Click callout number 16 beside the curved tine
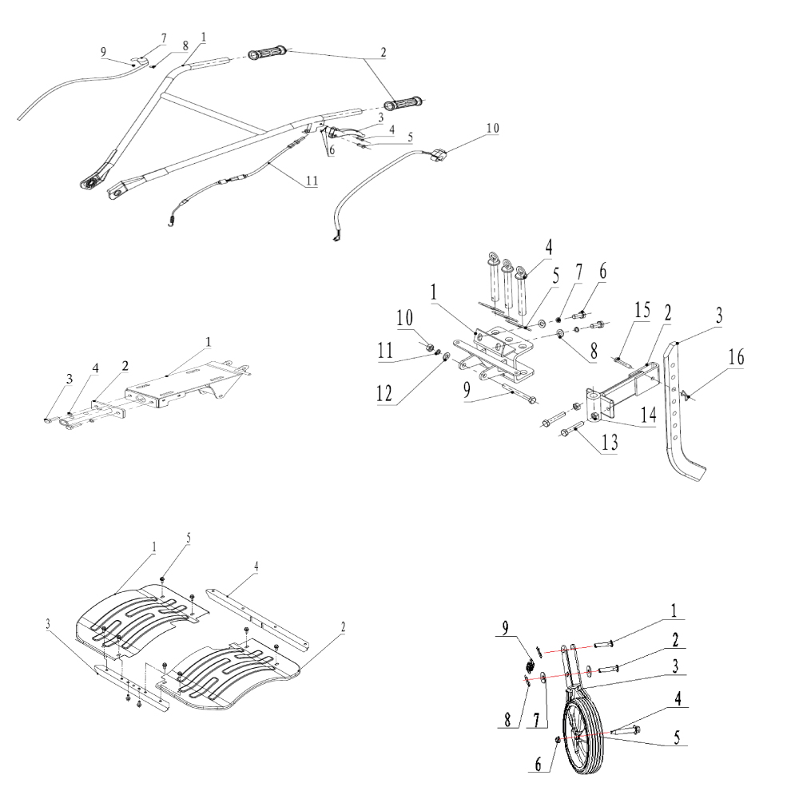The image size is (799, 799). click(x=737, y=357)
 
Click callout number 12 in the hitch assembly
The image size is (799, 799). click(x=392, y=392)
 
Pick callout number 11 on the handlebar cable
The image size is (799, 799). click(x=311, y=181)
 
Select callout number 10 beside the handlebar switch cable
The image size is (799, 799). click(x=492, y=128)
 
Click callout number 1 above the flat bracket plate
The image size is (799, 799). click(x=208, y=341)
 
